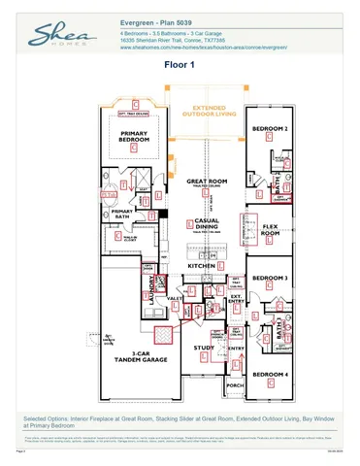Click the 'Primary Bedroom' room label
click(x=137, y=139)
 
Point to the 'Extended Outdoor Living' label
click(x=209, y=110)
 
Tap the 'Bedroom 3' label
click(x=270, y=279)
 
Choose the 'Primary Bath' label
click(x=122, y=214)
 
